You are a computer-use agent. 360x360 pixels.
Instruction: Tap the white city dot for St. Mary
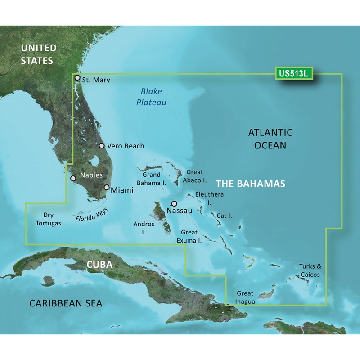[x=77, y=78]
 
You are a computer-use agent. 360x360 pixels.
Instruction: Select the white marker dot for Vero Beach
[x=102, y=146]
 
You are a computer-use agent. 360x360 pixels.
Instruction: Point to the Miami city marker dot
[x=107, y=188]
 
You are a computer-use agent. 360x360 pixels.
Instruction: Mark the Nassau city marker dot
[x=174, y=203]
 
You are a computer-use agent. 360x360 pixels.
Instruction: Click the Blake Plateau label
[x=151, y=97]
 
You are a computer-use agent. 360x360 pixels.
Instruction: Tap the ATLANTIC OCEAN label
[x=270, y=139]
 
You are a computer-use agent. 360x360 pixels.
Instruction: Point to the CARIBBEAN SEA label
[x=66, y=304]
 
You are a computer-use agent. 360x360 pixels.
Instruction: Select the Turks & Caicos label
[x=310, y=270]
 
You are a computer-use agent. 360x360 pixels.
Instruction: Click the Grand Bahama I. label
[x=154, y=179]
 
